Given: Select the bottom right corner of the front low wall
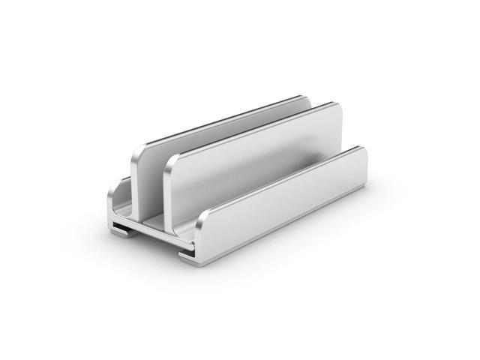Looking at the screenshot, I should tap(366, 176).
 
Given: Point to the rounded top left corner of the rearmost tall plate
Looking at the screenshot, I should tap(136, 147).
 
